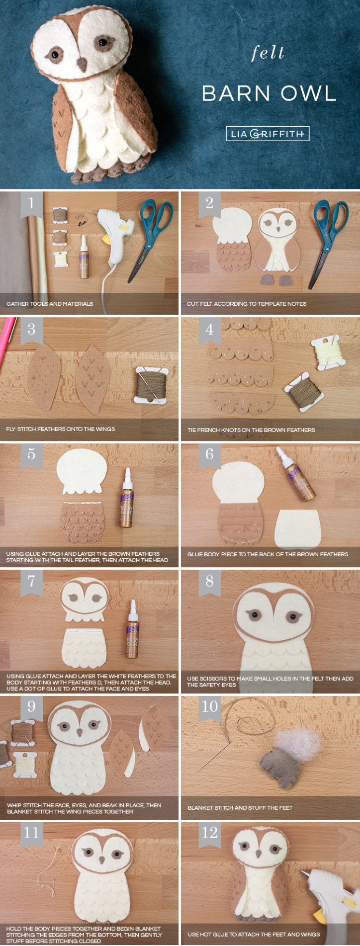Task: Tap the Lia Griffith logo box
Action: pyautogui.click(x=268, y=134)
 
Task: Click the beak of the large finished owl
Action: pyautogui.click(x=81, y=64)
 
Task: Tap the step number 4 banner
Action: pyautogui.click(x=209, y=330)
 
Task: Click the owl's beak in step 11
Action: pyautogui.click(x=102, y=860)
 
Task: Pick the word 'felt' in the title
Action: pyautogui.click(x=268, y=53)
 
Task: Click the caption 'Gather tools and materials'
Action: pyautogui.click(x=50, y=304)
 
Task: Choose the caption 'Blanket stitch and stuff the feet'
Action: pyautogui.click(x=240, y=808)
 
